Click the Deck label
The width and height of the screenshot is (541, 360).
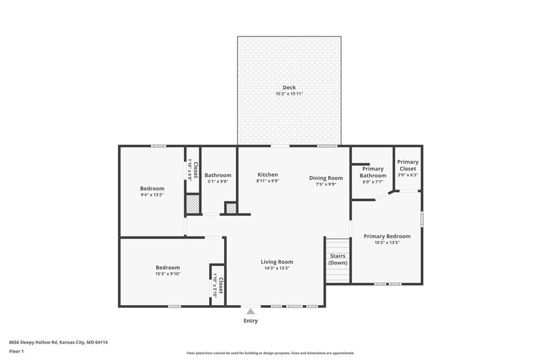(x=289, y=88)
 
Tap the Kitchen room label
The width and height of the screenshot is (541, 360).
(x=268, y=175)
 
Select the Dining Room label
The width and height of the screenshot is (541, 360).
(x=326, y=178)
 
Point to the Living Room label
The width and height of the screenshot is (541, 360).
(x=277, y=262)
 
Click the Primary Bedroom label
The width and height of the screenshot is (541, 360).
(x=387, y=236)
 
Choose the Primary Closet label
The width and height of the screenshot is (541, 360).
(x=408, y=165)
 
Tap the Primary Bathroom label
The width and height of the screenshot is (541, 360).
(x=373, y=172)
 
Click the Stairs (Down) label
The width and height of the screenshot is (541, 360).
(x=338, y=259)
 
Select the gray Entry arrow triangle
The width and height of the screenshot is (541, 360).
(x=250, y=311)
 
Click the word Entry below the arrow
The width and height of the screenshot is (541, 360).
(x=250, y=321)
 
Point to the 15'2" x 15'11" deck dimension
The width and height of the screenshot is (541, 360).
(x=289, y=94)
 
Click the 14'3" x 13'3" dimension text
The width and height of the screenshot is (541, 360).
(x=277, y=268)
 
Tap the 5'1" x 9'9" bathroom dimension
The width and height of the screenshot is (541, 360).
(x=218, y=182)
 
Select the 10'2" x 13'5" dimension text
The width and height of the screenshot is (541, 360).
(x=387, y=242)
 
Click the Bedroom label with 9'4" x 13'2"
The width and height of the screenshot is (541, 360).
(x=152, y=188)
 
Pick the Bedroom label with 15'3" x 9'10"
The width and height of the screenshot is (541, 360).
(x=167, y=268)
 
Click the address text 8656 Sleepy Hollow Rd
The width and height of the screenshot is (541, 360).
(x=33, y=343)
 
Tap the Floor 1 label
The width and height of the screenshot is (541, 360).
(x=16, y=352)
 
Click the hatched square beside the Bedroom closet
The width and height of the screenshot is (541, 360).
(x=192, y=204)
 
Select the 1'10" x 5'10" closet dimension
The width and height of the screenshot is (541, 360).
(x=214, y=286)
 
